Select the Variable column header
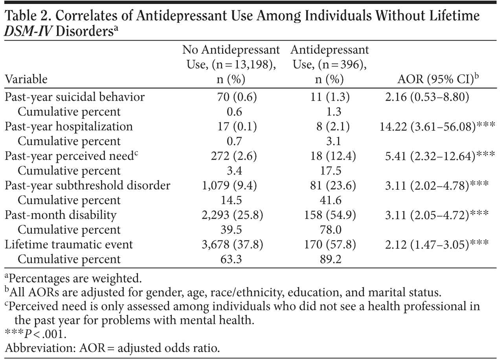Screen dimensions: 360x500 pos(26,79)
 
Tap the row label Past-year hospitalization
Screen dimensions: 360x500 pos(69,127)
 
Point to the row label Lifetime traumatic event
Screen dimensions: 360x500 pos(69,245)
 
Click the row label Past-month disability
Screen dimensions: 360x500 pos(61,215)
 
